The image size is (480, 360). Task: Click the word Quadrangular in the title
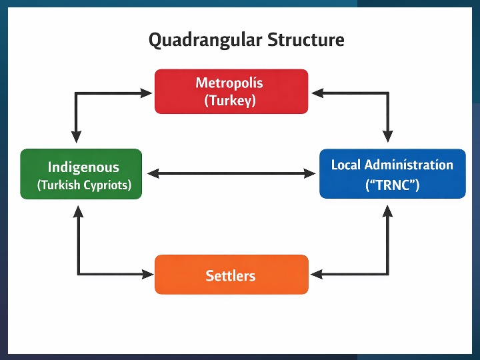(205, 41)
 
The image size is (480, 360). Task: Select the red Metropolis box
(231, 91)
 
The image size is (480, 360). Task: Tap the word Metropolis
(229, 83)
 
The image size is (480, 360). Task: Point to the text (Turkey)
(230, 101)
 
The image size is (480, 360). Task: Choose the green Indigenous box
(81, 174)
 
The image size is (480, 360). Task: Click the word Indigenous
(83, 167)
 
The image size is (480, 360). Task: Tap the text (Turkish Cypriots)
(84, 185)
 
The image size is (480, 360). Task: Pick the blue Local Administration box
(392, 173)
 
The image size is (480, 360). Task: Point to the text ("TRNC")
(392, 185)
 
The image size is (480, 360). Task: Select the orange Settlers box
(231, 274)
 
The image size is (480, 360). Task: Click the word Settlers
(231, 275)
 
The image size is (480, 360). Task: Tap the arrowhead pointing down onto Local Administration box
(387, 141)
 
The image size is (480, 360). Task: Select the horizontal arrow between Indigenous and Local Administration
(231, 173)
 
